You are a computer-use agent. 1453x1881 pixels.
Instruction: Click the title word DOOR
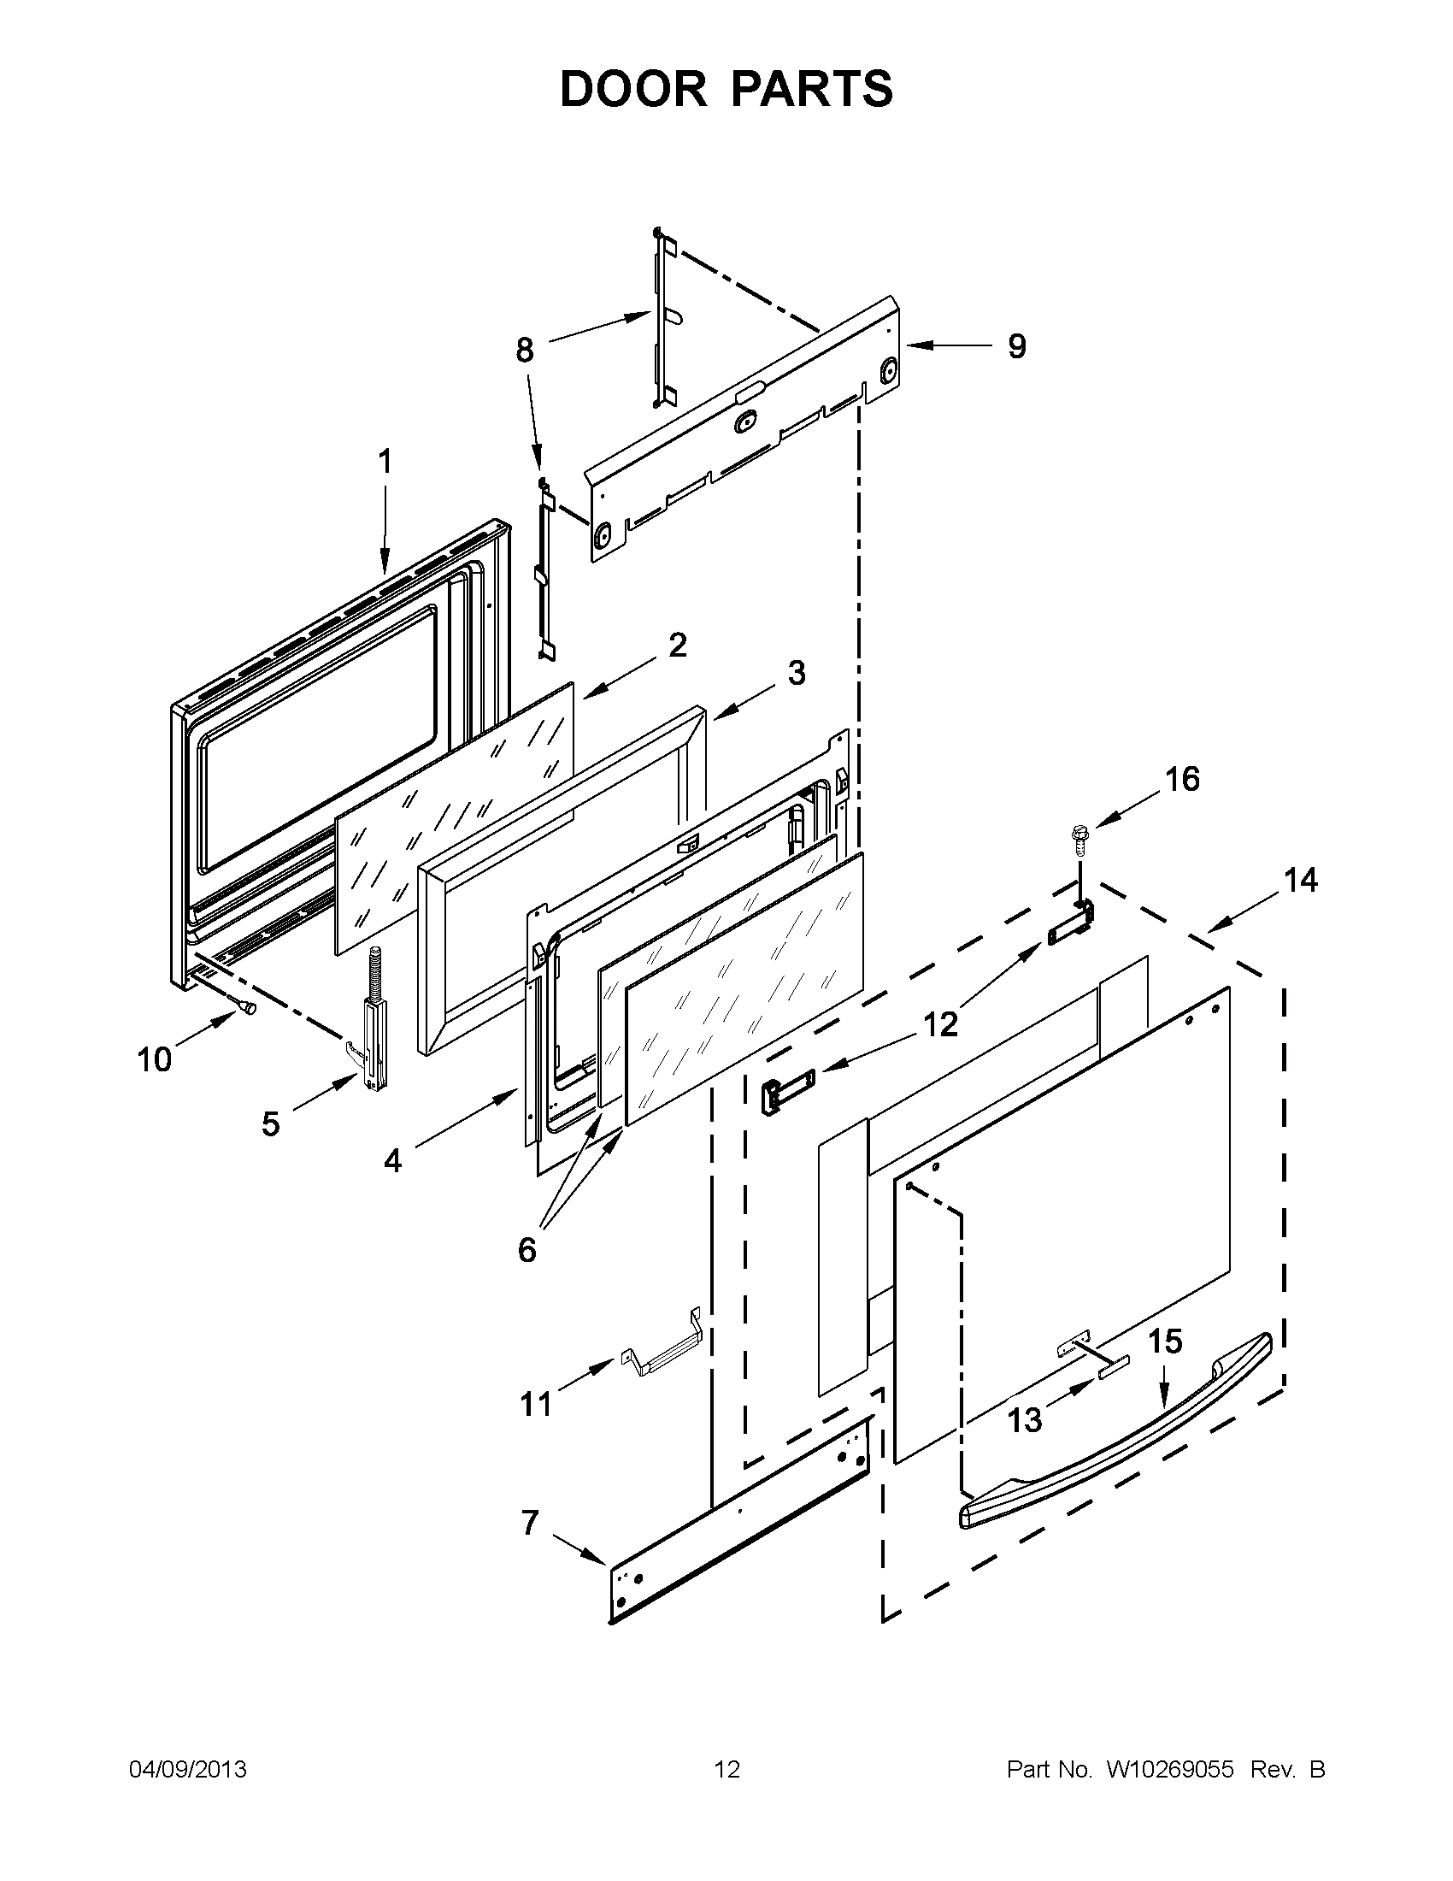pos(632,89)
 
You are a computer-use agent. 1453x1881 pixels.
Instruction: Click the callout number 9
pos(1016,346)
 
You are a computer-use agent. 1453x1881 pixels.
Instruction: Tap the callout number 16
pos(1182,779)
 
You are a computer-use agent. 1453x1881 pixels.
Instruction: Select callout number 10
pos(155,1059)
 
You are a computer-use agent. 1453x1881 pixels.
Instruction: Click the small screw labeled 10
pos(247,1005)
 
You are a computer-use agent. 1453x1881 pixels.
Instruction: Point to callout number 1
pos(385,463)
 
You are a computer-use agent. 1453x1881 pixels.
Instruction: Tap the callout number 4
pos(392,1161)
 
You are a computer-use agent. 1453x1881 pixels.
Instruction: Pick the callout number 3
pos(797,673)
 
